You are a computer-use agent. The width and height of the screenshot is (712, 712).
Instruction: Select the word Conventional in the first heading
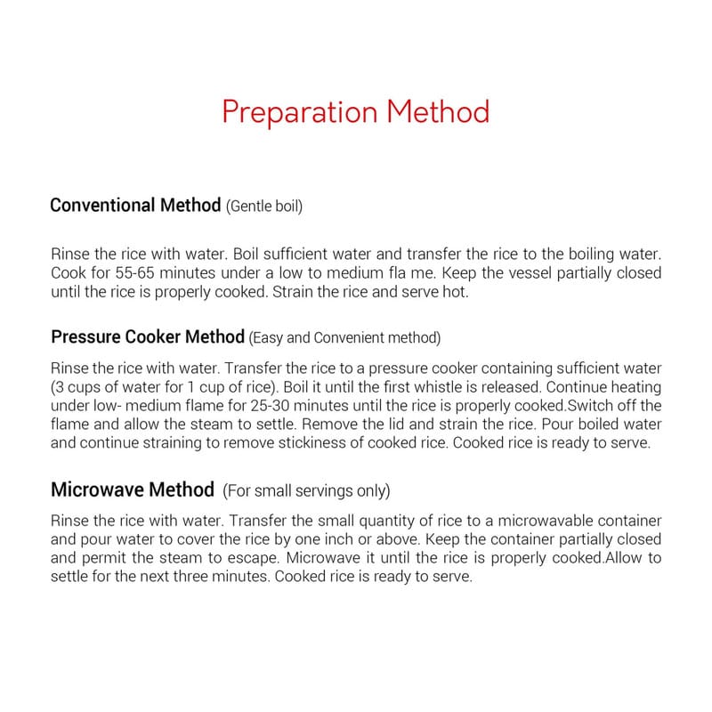point(102,206)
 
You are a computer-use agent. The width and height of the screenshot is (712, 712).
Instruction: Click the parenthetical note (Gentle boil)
point(264,206)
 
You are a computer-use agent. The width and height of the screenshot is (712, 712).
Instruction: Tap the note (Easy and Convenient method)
point(344,338)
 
